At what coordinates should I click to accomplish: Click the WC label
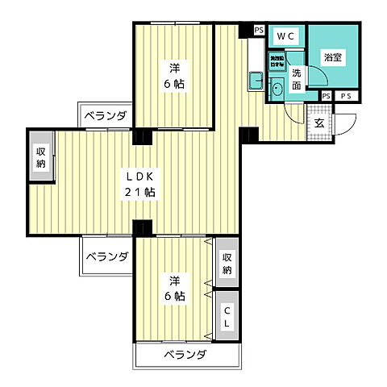287,36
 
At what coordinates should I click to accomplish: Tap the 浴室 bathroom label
332,57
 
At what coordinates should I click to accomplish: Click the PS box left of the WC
258,31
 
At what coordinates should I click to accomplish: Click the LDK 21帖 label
139,184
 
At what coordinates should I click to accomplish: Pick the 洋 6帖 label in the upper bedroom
174,74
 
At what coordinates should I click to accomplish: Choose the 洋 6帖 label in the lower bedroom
176,288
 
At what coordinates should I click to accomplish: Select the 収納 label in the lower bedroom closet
227,263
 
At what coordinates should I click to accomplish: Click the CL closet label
227,317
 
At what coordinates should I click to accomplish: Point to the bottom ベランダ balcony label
186,355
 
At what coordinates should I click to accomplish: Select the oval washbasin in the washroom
276,90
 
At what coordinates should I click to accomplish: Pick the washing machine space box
275,60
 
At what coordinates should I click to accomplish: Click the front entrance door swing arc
345,123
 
